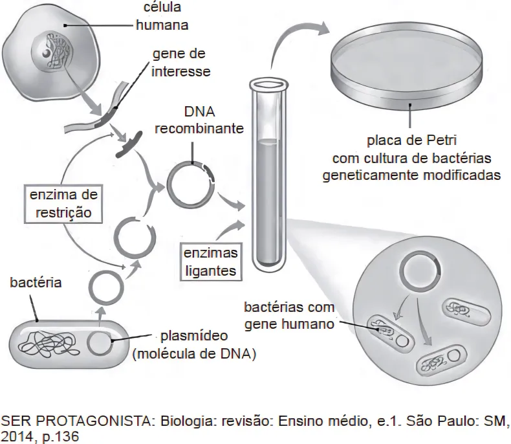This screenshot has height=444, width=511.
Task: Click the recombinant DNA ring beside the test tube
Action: click(190, 183)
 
